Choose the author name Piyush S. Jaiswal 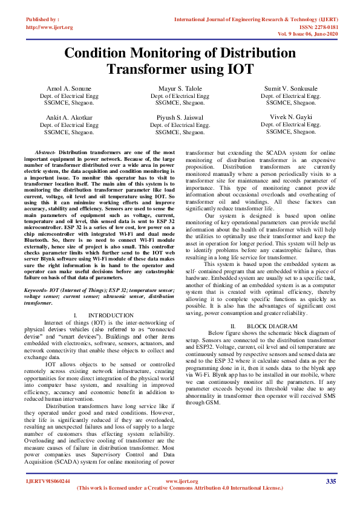click(180, 117)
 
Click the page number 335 click(330, 481)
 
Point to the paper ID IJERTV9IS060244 click(48, 481)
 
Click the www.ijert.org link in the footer click(180, 481)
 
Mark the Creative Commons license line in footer click(180, 487)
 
